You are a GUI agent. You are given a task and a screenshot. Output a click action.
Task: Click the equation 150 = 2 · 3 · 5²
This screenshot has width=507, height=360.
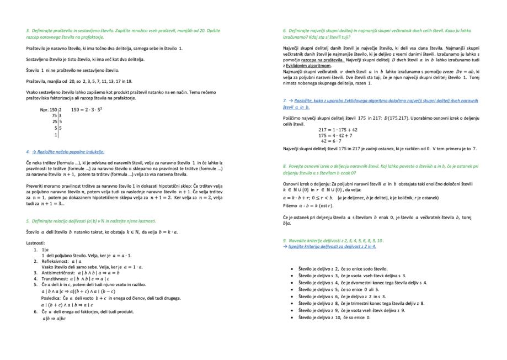[87, 109]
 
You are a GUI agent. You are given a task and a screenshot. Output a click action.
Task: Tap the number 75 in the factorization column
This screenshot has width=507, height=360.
[54, 115]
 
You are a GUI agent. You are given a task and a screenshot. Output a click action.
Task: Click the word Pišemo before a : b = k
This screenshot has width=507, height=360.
[291, 205]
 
